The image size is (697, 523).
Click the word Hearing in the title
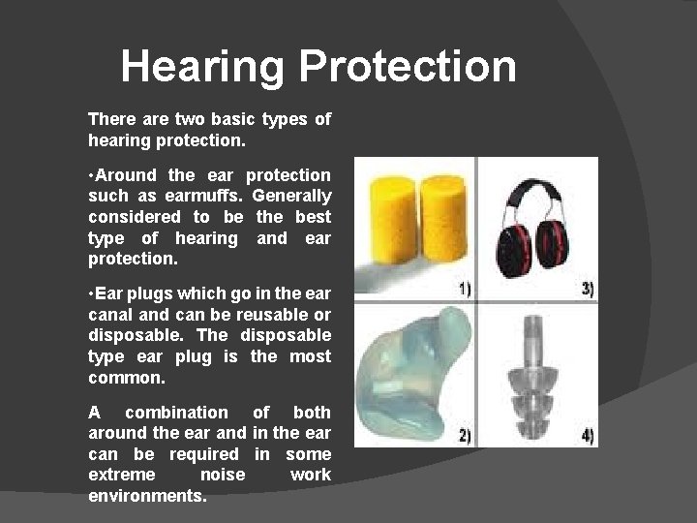(x=203, y=68)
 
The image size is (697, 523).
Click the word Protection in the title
(x=408, y=68)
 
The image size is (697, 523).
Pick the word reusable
(x=276, y=315)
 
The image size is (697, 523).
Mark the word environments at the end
(x=146, y=496)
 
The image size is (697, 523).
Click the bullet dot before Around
(x=90, y=175)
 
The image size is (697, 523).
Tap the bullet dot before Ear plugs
(x=90, y=293)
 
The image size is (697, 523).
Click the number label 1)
(x=464, y=289)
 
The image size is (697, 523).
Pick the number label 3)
(x=587, y=289)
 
